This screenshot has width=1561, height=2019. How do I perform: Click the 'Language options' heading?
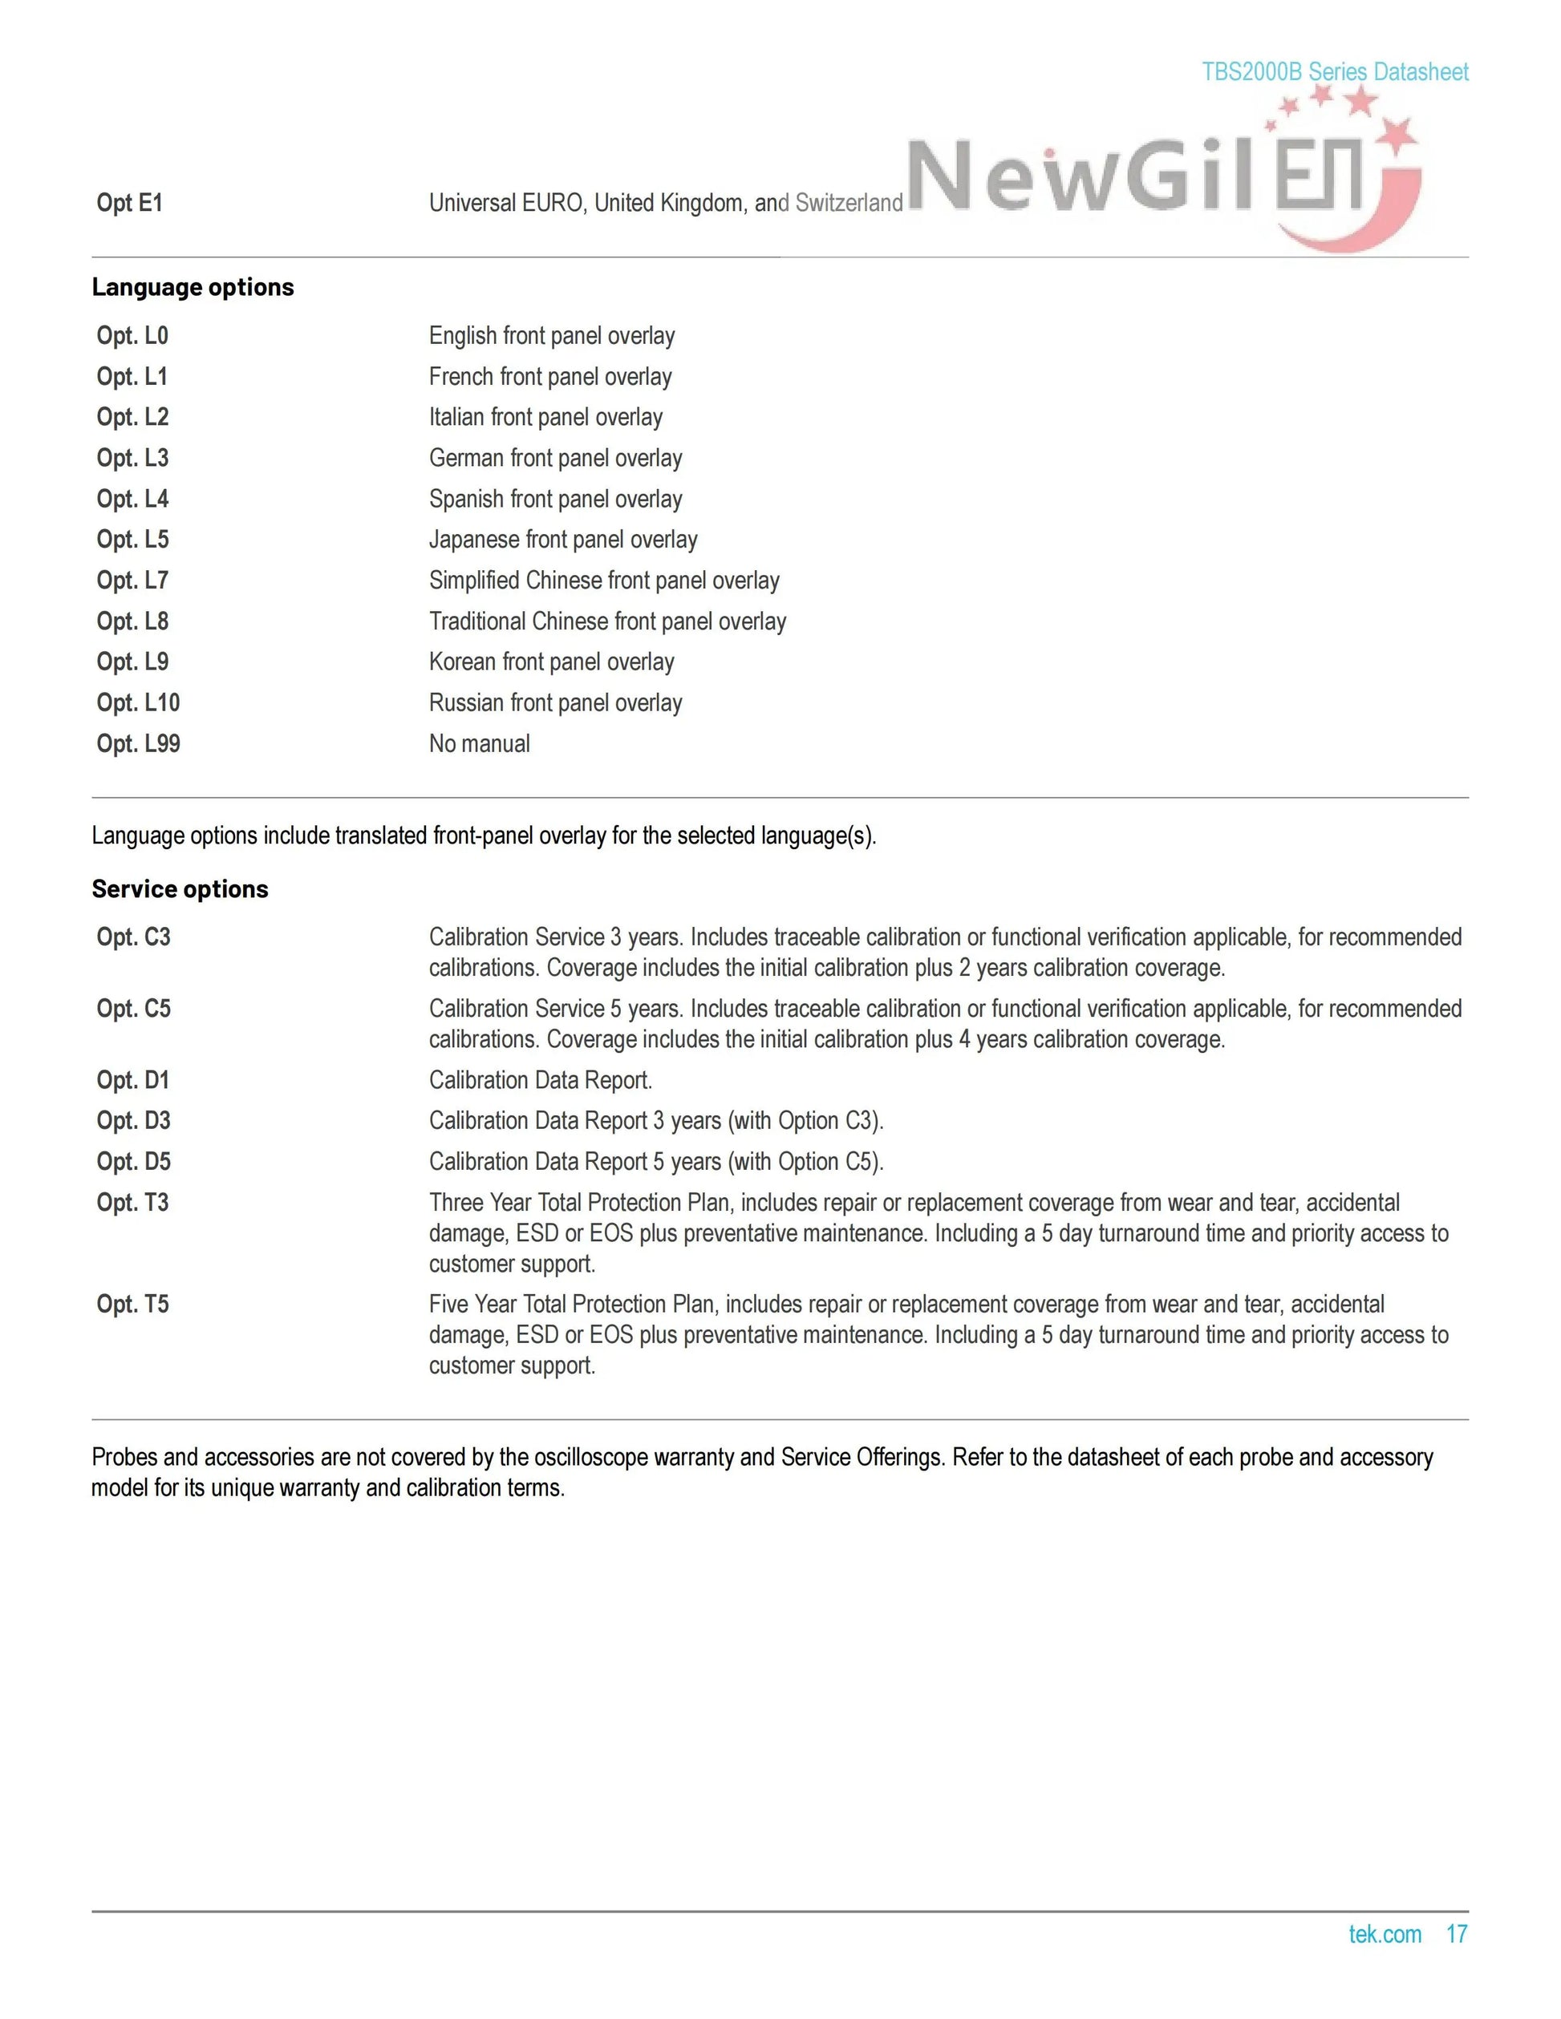(193, 288)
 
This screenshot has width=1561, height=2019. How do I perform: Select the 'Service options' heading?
(180, 889)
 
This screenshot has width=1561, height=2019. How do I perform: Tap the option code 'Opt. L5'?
(132, 540)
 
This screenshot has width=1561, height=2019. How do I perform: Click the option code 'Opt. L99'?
(138, 744)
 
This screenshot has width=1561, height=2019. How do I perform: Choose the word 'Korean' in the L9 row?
(461, 662)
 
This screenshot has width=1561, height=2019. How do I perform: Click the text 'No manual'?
(479, 744)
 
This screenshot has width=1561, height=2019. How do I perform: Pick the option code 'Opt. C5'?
(133, 1009)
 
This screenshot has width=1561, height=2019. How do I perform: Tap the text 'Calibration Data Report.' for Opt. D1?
(540, 1081)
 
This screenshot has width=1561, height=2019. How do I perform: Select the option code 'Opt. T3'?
(132, 1203)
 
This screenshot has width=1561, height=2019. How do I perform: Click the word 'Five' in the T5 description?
(449, 1305)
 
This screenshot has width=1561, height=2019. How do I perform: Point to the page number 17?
(1457, 1934)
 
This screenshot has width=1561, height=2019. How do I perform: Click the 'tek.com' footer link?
(1385, 1934)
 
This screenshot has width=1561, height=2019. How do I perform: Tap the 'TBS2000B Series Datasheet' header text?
(1335, 72)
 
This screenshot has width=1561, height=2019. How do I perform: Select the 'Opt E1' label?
(129, 204)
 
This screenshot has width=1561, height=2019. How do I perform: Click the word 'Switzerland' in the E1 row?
(848, 204)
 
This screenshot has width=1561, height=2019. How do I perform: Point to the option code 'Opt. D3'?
(133, 1122)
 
